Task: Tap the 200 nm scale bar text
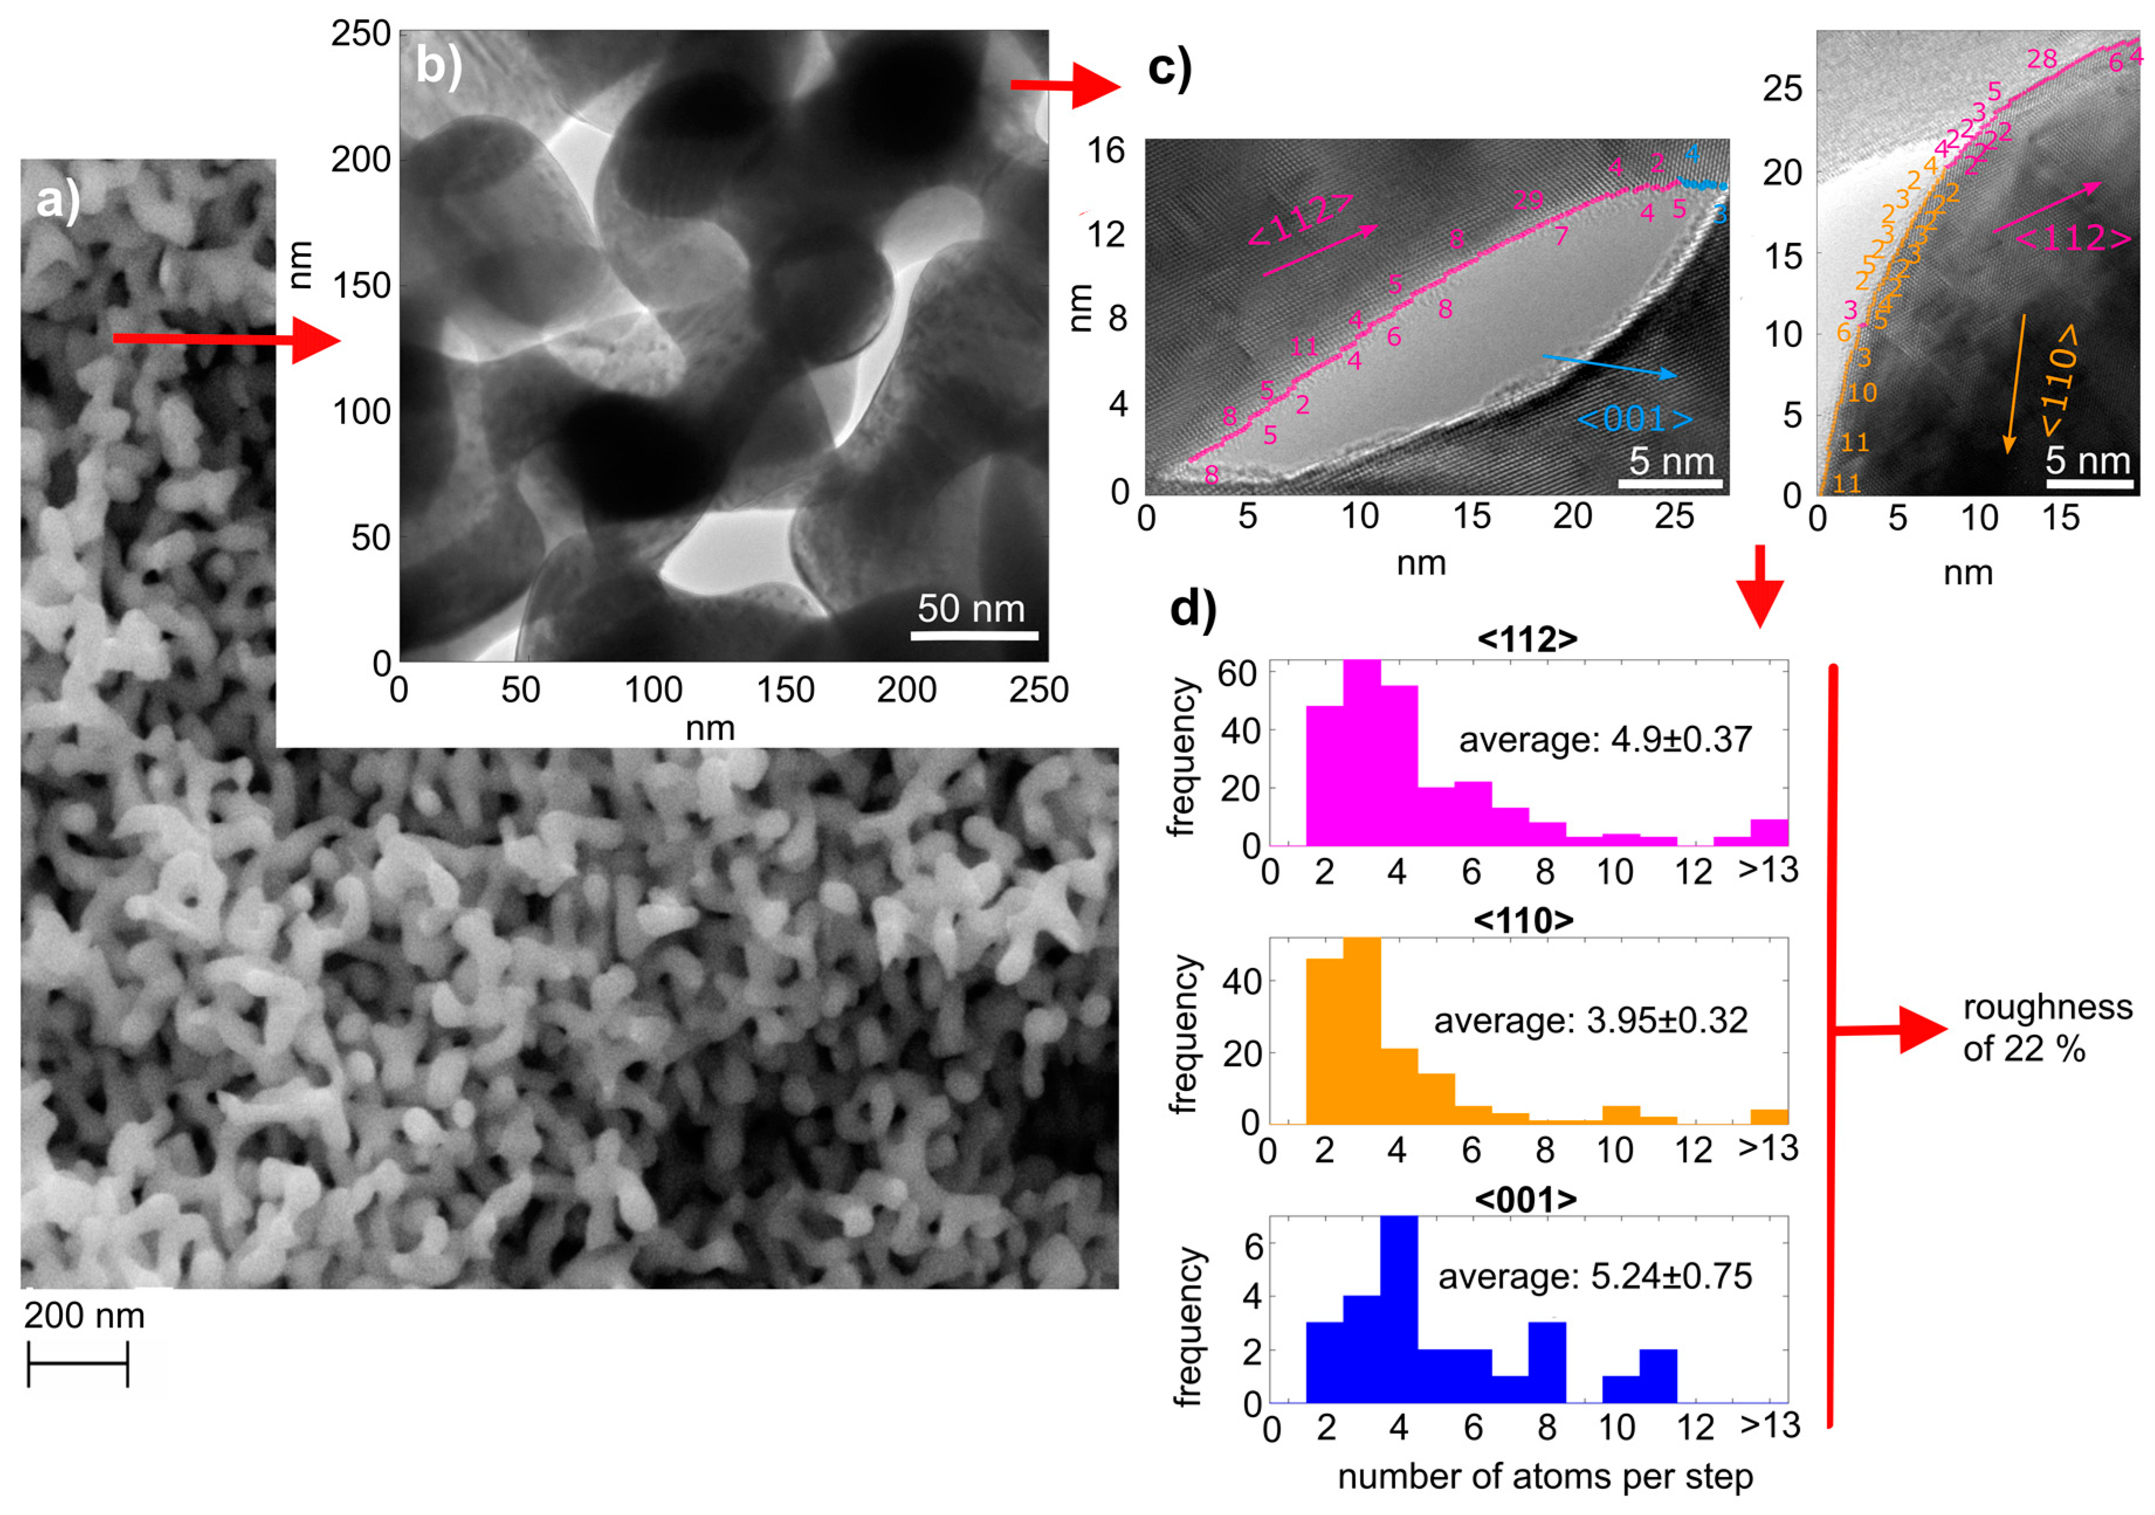click(x=84, y=1315)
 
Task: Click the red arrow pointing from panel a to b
click(x=225, y=339)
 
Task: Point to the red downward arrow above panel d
click(x=1760, y=586)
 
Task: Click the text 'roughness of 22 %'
click(x=2046, y=1028)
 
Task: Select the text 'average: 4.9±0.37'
click(x=1605, y=740)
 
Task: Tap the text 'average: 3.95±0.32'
click(x=1591, y=1020)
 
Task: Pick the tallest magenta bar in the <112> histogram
click(x=1362, y=753)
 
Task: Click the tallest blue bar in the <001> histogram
click(x=1399, y=1310)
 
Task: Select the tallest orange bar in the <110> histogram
click(x=1362, y=1031)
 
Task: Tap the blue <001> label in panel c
click(x=1635, y=419)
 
